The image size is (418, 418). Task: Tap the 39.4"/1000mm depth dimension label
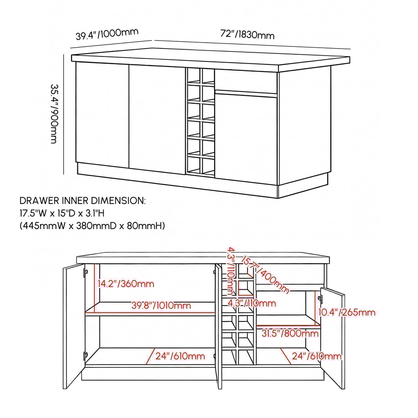pos(107,34)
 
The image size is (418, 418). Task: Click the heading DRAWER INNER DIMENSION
pos(83,201)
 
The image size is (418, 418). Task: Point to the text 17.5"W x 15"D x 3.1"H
pos(62,213)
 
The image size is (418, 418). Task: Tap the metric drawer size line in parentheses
pos(92,226)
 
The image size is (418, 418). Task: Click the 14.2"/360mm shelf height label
pos(126,284)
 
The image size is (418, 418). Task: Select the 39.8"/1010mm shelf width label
pos(161,306)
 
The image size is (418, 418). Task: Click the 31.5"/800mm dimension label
pos(290,333)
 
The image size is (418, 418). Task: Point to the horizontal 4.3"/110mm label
pos(251,303)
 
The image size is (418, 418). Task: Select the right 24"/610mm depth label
pos(316,356)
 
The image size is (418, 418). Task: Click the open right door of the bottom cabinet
pos(333,339)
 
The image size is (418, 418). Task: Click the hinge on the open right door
pos(321,299)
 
